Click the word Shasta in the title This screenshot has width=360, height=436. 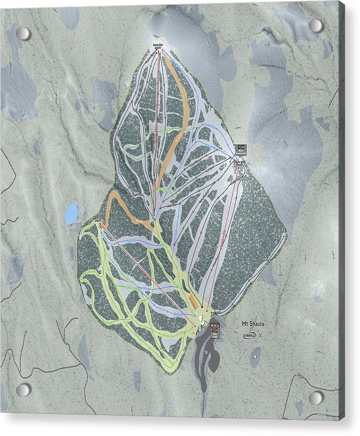257,324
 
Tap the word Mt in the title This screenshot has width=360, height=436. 245,324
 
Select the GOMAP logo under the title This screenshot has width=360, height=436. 249,334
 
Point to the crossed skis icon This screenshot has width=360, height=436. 260,335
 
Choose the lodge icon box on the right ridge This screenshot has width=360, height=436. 240,149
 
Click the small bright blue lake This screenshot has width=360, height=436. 72,213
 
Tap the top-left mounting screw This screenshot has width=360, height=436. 23,34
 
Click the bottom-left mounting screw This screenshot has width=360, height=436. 23,390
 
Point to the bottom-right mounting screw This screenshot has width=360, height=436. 316,397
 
